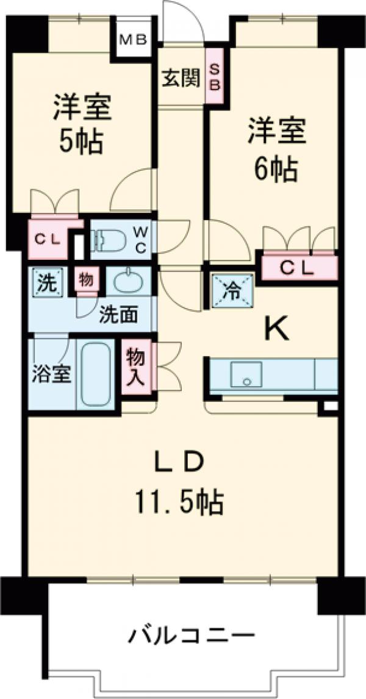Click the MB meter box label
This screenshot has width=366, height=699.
pos(132,40)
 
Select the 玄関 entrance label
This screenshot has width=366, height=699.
pos(181,78)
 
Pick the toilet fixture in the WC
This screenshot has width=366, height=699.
pos(110,240)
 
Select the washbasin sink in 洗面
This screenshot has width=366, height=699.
pos(128,282)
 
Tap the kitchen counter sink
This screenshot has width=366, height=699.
pos(246,374)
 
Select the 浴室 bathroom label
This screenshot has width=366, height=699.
pos(51,374)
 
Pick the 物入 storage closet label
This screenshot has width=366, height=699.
pos(136,368)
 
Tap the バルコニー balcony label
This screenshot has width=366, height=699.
pos(190,638)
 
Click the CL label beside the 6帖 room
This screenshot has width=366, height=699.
pos(296,268)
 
